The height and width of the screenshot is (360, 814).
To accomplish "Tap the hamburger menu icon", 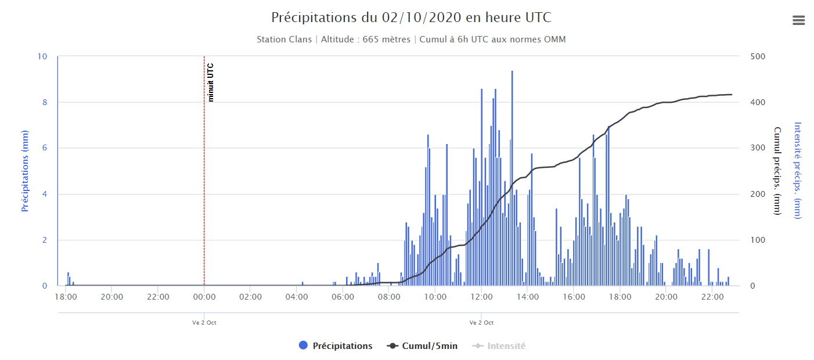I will [x=798, y=20].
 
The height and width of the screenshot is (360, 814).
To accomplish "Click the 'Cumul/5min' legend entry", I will [x=423, y=346].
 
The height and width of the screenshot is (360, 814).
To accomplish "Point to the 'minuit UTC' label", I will [x=211, y=82].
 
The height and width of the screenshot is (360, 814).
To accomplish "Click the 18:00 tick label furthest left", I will [x=66, y=297].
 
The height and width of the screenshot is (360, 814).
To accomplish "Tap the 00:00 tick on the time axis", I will [x=204, y=297].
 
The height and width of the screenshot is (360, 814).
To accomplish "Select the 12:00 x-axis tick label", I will [x=481, y=297].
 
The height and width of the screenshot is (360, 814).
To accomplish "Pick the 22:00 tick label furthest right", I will [x=712, y=297].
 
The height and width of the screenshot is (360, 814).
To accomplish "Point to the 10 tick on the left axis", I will [x=42, y=56].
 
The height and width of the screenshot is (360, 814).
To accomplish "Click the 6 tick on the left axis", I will [x=44, y=148].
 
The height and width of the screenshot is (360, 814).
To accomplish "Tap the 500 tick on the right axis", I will [x=758, y=56].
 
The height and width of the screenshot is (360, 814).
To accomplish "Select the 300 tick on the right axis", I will [x=758, y=148].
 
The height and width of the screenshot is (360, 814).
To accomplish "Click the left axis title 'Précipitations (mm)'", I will [x=25, y=171].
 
